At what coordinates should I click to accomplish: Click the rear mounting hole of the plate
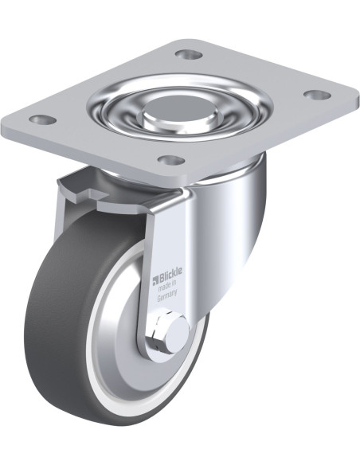[x=189, y=54]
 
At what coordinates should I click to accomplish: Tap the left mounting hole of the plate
[x=44, y=119]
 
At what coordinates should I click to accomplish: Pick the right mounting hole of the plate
[x=317, y=95]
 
